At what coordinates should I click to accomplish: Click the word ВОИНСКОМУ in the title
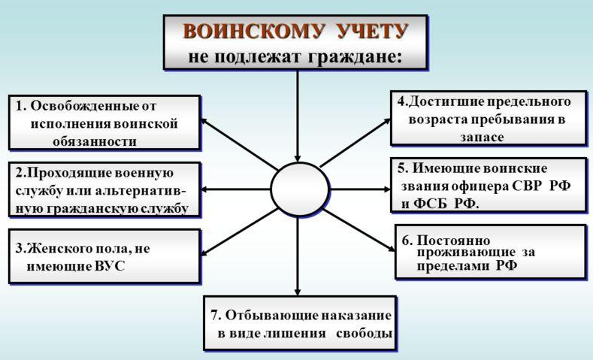pyautogui.click(x=254, y=31)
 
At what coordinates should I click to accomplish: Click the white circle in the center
pyautogui.click(x=300, y=189)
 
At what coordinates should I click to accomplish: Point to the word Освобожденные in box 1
pyautogui.click(x=85, y=106)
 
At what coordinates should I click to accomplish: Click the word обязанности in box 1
pyautogui.click(x=95, y=141)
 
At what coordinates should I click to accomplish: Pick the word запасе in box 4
pyautogui.click(x=482, y=137)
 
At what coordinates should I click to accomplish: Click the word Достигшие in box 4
pyautogui.click(x=446, y=101)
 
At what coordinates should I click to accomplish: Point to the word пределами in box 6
pyautogui.click(x=453, y=265)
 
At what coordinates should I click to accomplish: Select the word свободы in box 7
pyautogui.click(x=364, y=334)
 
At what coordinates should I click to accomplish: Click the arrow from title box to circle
pyautogui.click(x=298, y=116)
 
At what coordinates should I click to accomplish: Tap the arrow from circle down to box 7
pyautogui.click(x=298, y=256)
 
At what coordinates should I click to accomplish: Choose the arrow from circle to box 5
pyautogui.click(x=359, y=189)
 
